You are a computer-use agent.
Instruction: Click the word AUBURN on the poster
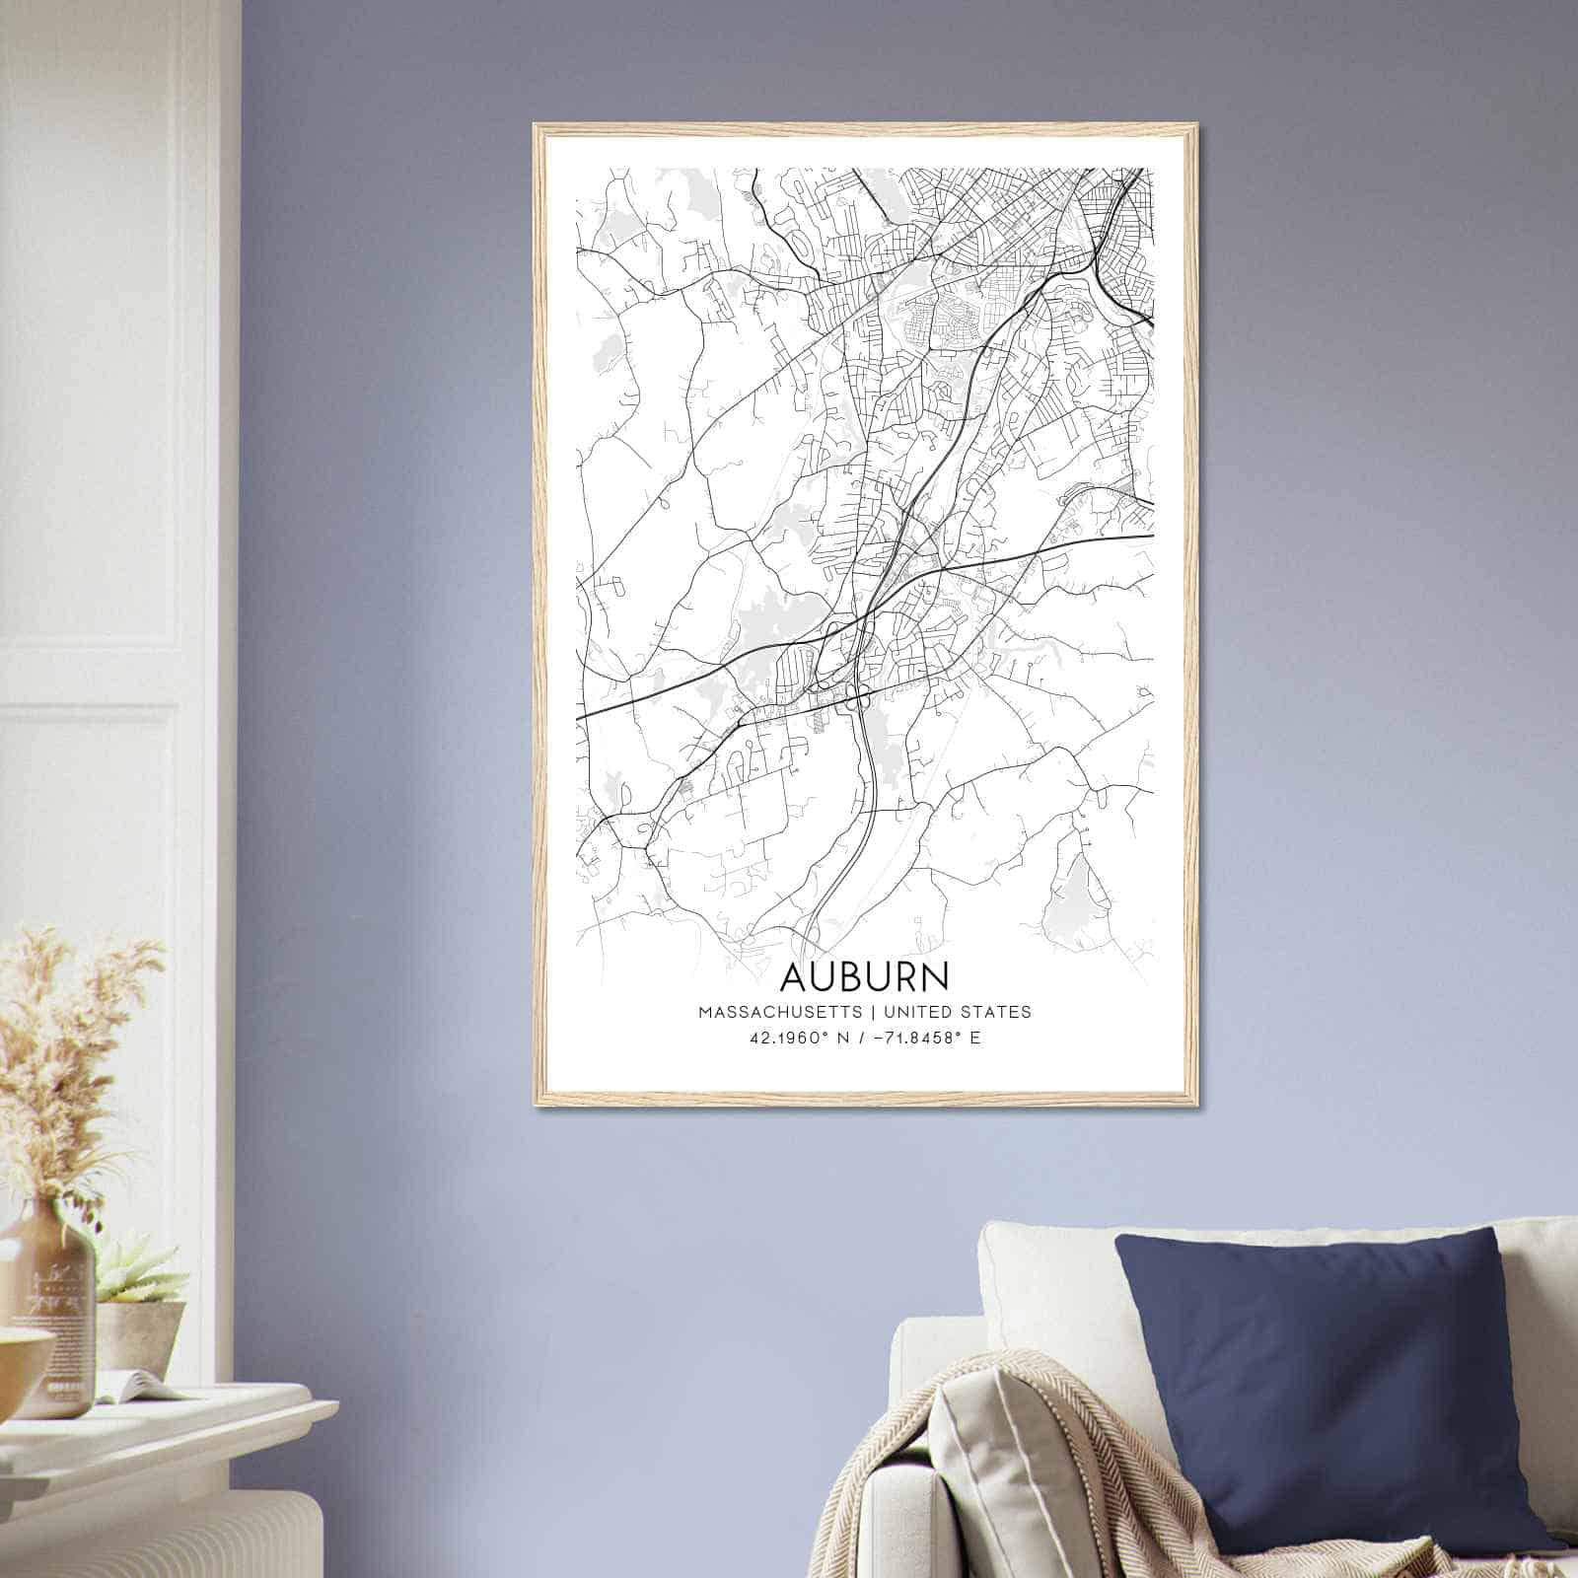[x=865, y=975]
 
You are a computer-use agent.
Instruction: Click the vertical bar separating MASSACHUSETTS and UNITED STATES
[x=873, y=1012]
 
